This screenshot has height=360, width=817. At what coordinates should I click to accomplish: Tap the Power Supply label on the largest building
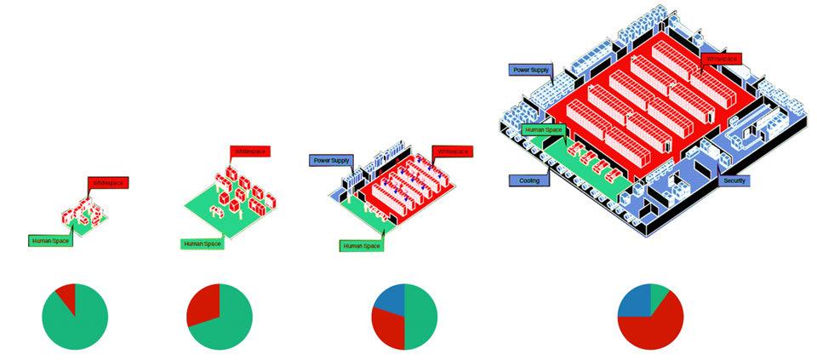528,69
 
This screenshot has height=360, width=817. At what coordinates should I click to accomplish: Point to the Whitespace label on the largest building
721,58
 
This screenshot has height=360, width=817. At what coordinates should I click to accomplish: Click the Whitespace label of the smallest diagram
107,183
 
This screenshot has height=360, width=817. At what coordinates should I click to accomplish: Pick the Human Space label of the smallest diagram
49,241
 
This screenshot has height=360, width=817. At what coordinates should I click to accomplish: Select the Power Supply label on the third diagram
330,160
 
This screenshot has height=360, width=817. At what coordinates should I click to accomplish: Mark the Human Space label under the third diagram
362,245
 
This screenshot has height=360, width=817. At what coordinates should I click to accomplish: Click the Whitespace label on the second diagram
249,151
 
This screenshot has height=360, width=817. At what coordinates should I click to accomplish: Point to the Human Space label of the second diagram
201,244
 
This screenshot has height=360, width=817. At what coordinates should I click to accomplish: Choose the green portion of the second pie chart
228,328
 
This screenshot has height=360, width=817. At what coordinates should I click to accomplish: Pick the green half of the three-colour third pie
421,317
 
